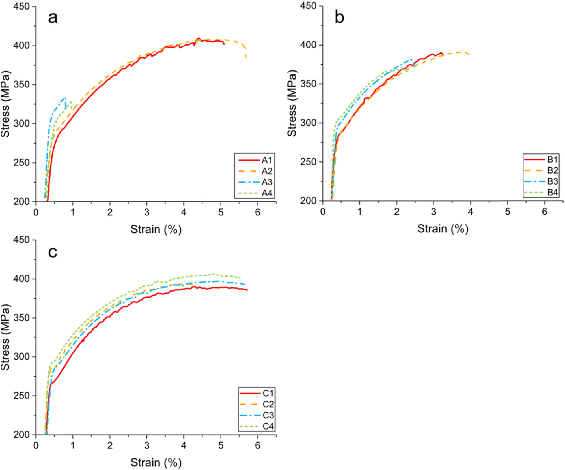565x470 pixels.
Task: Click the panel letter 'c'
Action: coord(53,251)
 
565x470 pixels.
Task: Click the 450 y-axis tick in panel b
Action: coord(308,6)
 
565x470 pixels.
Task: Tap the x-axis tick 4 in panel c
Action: coord(184,445)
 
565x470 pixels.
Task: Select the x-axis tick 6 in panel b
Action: coord(544,212)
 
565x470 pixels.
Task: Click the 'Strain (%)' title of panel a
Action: coord(156,229)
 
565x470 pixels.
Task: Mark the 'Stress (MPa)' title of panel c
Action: coord(6,337)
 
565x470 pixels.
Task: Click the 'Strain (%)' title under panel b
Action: coord(443,228)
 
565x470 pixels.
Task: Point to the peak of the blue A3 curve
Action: coord(65,98)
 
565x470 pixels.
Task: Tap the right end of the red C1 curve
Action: coord(247,290)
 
